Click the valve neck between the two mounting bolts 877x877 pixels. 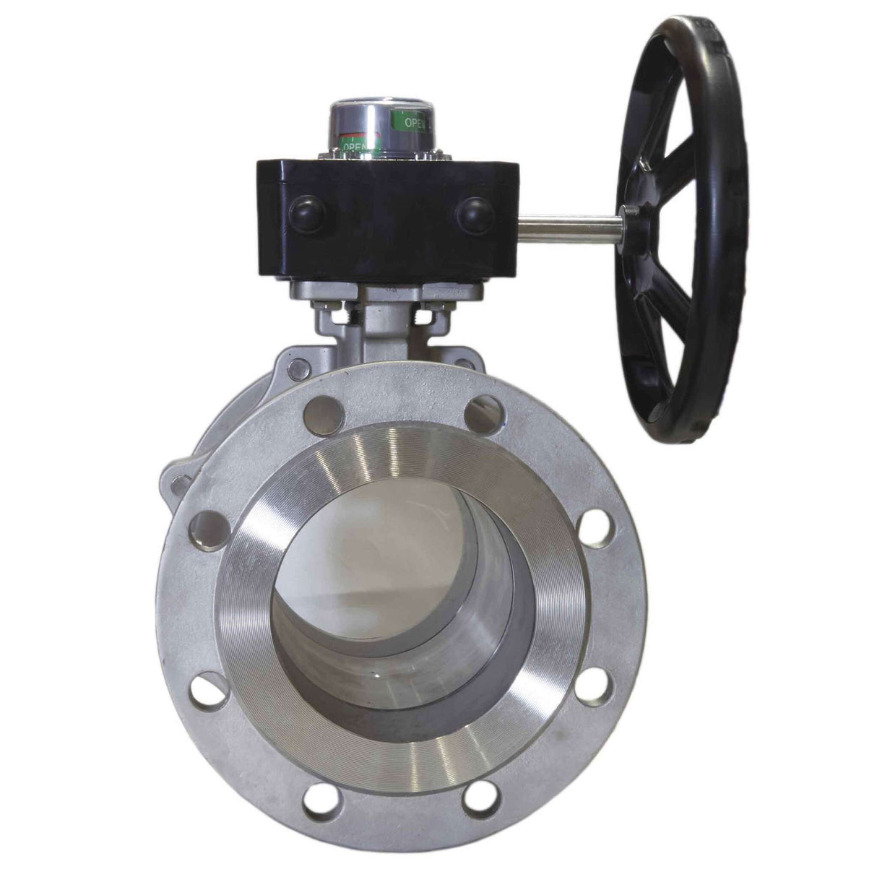(383, 325)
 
